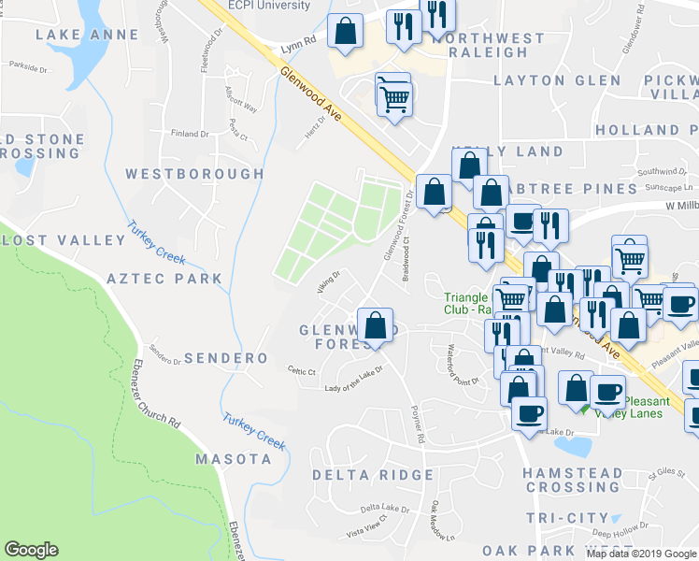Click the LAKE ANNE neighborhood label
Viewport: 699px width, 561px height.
[x=87, y=35]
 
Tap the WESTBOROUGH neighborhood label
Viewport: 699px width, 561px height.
[x=194, y=174]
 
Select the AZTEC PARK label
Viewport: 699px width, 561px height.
[x=164, y=278]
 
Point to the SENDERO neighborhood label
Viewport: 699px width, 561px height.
[x=226, y=358]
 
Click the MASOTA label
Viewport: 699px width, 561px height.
[x=233, y=459]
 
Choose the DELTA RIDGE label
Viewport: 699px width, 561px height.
[x=373, y=475]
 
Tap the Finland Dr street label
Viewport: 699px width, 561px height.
[x=191, y=134]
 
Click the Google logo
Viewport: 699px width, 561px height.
[x=31, y=550]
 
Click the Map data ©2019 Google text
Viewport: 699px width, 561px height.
[x=640, y=554]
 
